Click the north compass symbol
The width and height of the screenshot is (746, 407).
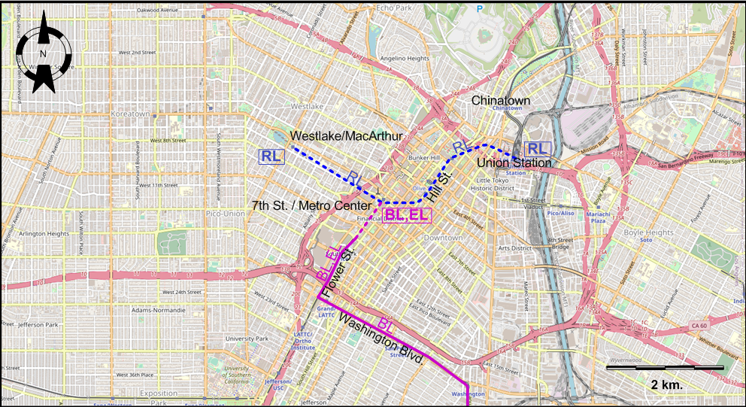click(44, 55)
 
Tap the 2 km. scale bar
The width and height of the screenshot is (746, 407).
click(665, 368)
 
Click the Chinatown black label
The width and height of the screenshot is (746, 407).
click(501, 100)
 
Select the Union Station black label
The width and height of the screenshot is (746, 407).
click(514, 162)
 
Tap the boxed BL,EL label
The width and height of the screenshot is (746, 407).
click(406, 215)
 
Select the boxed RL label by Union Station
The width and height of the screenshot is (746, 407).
click(537, 148)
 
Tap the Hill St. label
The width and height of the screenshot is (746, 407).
click(439, 185)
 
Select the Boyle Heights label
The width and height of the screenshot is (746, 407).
click(648, 232)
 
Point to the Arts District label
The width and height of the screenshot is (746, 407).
click(514, 248)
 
